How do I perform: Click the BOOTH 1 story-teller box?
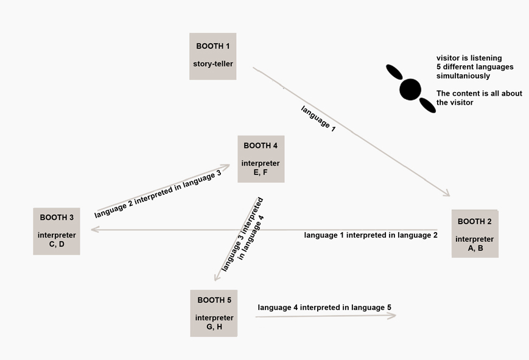[212, 56]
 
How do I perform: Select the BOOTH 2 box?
[475, 233]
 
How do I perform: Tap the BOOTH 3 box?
[57, 231]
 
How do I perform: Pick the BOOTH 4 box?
[261, 159]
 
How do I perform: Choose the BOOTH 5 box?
[214, 313]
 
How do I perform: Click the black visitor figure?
[410, 90]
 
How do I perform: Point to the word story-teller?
[213, 64]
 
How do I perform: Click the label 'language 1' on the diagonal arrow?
[318, 118]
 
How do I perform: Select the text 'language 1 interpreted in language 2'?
[371, 235]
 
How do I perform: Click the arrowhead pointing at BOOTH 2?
[446, 194]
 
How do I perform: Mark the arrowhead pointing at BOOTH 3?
[93, 230]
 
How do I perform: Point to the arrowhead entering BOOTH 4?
[226, 165]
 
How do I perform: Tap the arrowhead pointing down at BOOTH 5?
[216, 278]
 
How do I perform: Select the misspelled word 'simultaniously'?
[463, 76]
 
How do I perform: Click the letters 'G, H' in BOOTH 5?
[214, 327]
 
